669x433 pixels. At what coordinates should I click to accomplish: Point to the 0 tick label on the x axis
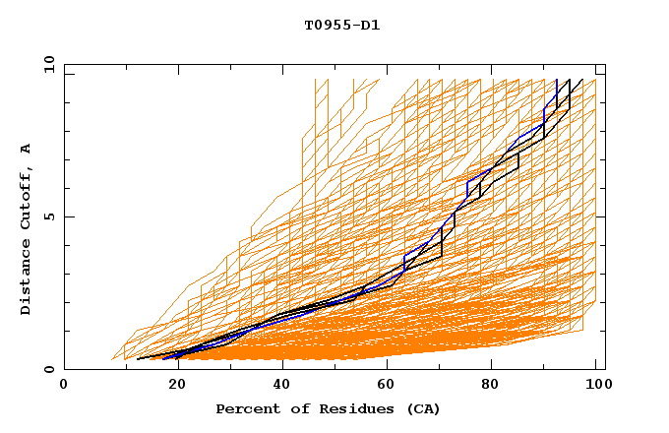pos(64,385)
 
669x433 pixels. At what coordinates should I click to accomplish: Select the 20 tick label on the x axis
pos(171,385)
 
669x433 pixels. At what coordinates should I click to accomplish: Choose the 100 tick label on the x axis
pos(596,385)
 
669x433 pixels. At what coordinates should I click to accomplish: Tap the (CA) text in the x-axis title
pos(420,408)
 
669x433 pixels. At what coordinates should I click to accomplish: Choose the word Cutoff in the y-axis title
pos(26,194)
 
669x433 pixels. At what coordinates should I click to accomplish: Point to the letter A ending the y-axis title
pos(26,149)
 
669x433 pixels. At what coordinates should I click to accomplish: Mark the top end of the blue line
pos(557,81)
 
